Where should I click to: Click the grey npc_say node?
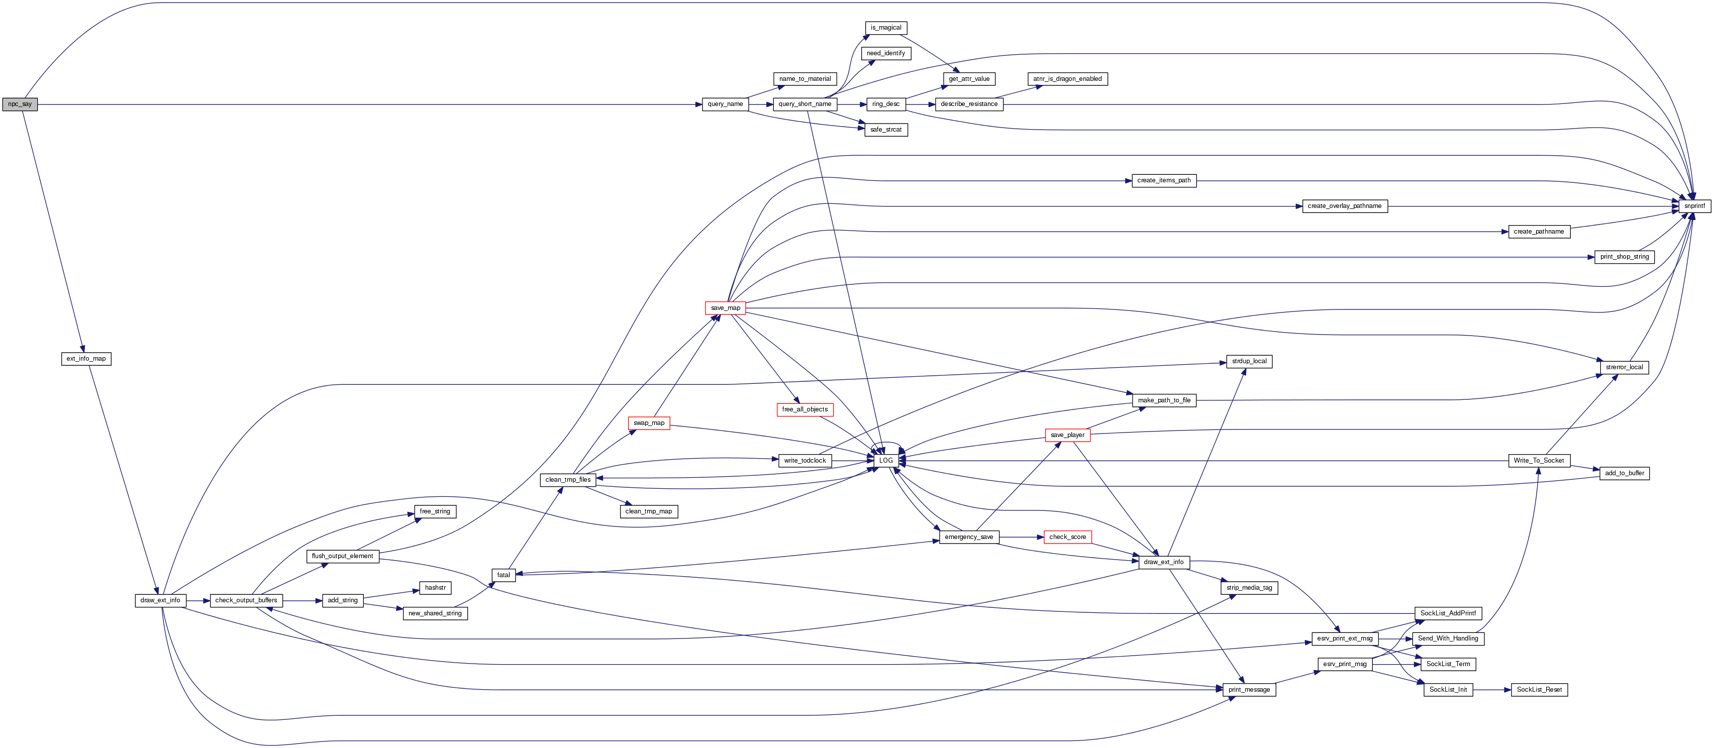(20, 104)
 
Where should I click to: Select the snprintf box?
(1694, 206)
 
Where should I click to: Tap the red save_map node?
(725, 308)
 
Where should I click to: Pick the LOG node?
(885, 461)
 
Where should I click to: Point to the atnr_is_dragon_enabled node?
(1067, 79)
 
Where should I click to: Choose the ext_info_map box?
(86, 359)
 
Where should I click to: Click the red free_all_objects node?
(804, 409)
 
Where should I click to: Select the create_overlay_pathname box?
(1344, 206)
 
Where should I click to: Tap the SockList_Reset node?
(1539, 689)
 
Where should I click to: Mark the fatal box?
(503, 575)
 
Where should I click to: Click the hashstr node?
(435, 588)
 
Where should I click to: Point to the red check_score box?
(1067, 537)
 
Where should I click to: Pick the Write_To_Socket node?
(1538, 461)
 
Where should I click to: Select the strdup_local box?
(1249, 361)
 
